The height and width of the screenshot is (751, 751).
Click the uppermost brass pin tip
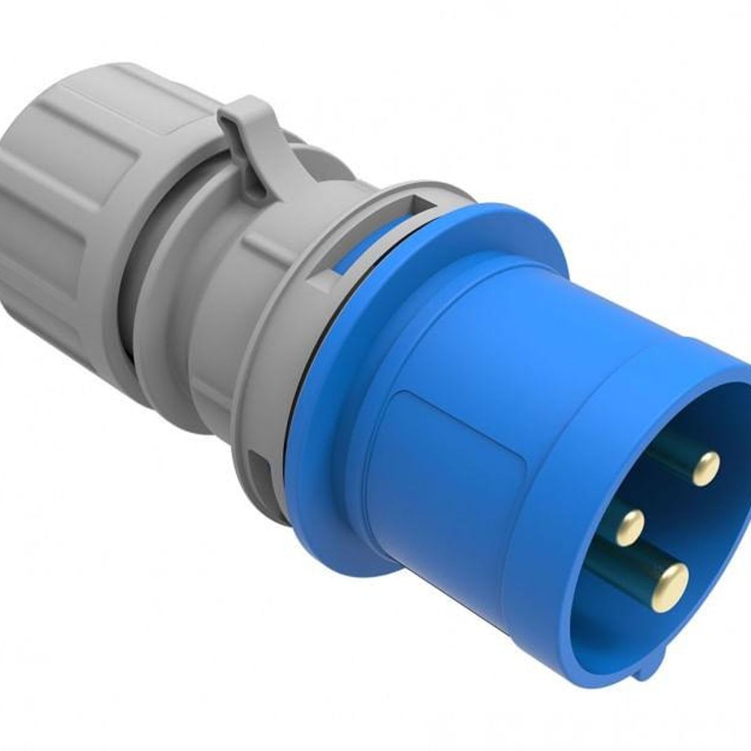(x=707, y=467)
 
